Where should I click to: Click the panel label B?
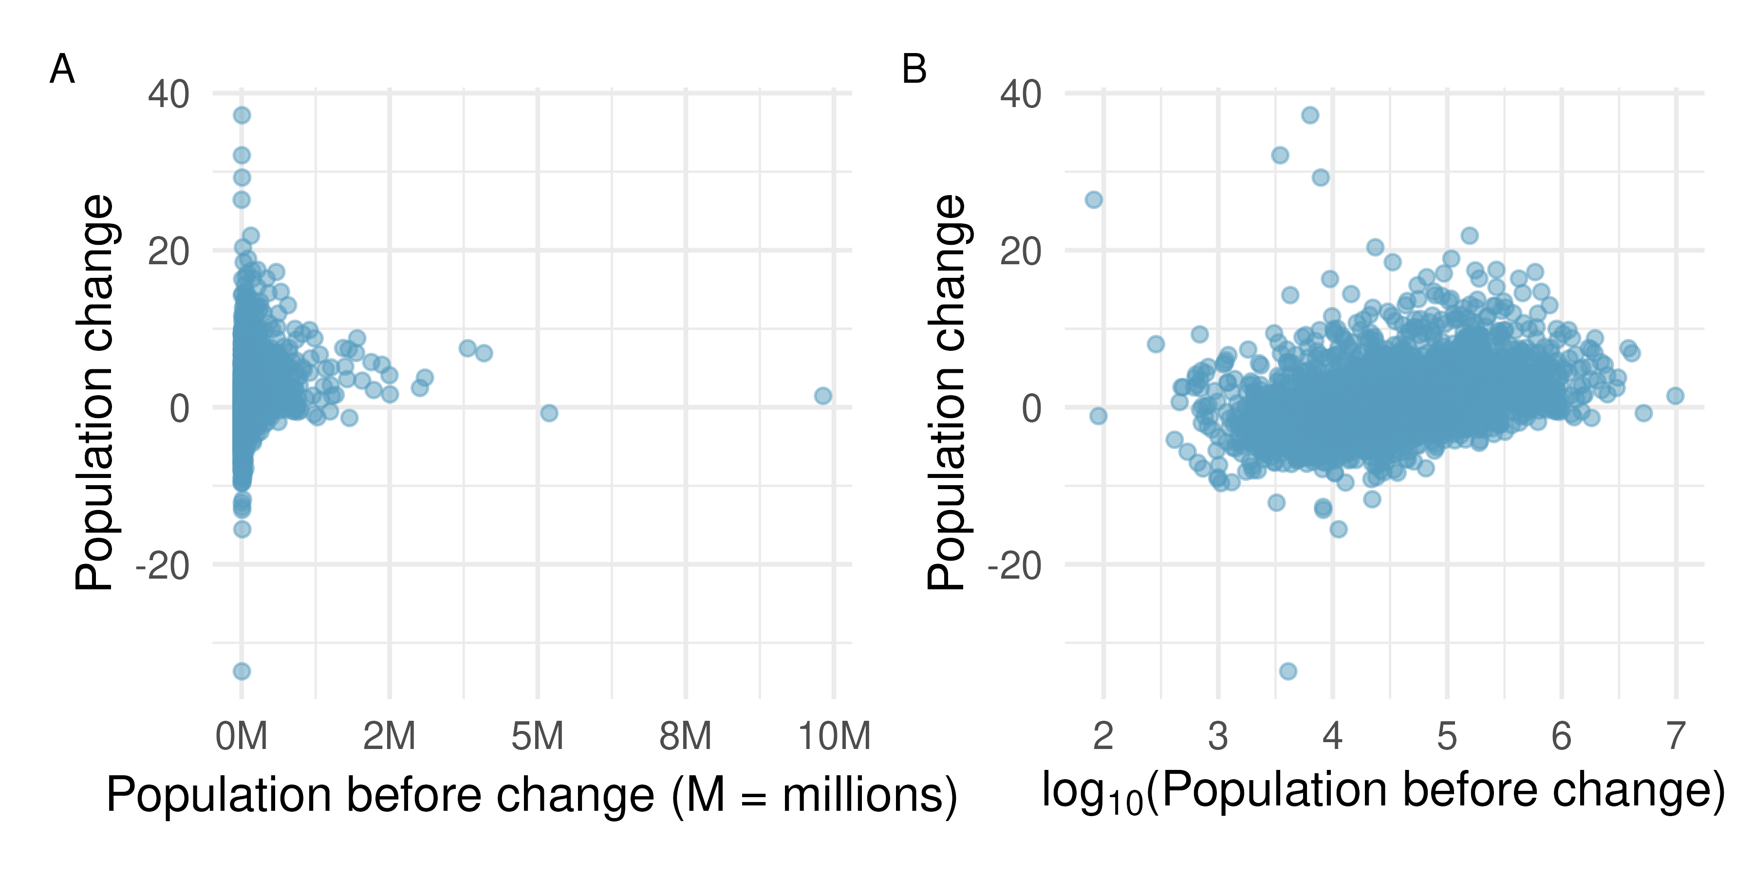914,70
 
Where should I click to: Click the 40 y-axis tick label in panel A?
169,94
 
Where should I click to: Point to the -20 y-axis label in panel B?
1014,566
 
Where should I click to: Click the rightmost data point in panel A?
823,396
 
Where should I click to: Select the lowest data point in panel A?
242,671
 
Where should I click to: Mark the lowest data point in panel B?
1287,671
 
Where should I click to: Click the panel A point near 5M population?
549,413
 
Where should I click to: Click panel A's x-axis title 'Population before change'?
531,794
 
